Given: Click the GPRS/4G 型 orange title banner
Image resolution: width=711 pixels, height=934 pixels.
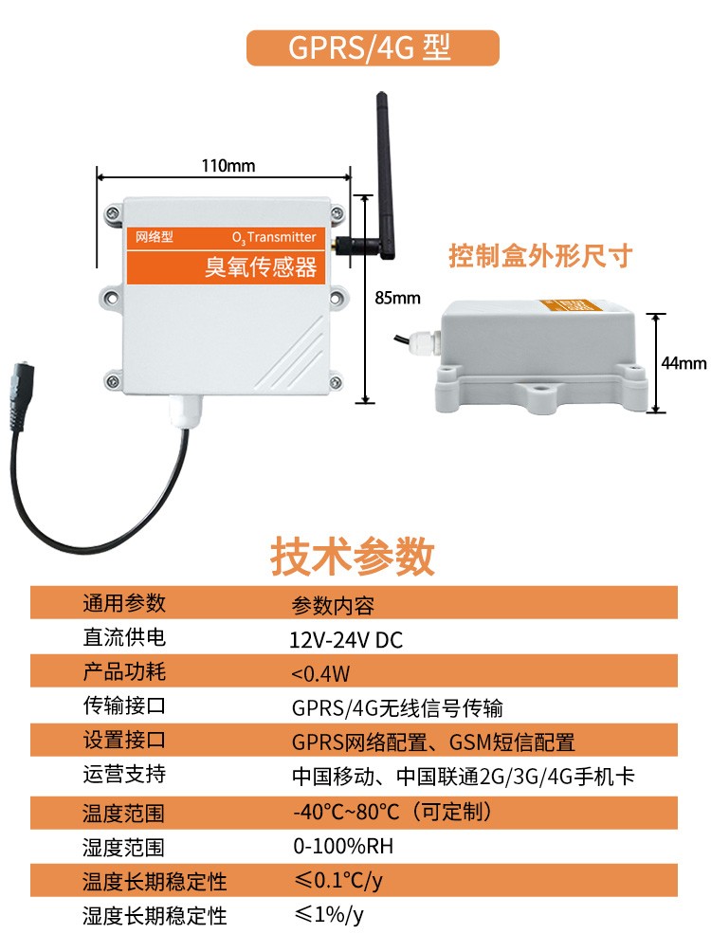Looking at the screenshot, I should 372,47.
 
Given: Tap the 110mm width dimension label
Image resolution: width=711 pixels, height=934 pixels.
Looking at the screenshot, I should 228,166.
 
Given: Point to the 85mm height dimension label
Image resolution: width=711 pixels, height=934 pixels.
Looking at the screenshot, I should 397,298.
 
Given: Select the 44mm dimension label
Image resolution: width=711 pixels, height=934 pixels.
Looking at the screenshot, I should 684,363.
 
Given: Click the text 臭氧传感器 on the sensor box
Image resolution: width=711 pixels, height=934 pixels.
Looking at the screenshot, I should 261,266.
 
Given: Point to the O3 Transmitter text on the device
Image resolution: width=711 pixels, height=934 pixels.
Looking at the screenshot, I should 274,237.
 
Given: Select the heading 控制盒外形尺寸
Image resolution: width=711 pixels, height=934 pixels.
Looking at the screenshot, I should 539,255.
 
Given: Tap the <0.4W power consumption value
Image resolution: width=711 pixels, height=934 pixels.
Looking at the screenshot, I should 321,674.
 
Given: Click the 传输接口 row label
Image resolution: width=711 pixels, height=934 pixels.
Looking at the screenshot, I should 124,706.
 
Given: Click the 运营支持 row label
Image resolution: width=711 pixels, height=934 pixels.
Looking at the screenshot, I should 124,775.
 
